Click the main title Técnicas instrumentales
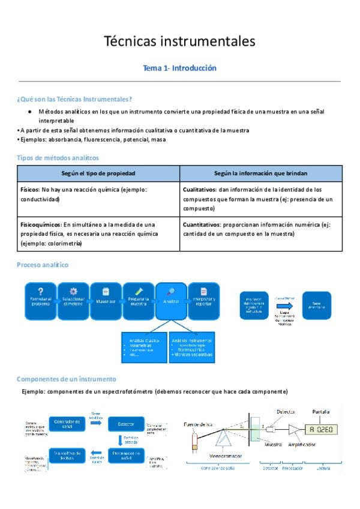(x=179, y=41)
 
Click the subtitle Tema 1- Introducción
(x=179, y=68)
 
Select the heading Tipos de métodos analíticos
(x=58, y=157)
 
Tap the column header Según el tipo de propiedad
(x=98, y=173)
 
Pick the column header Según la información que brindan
(x=260, y=173)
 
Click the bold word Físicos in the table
(x=29, y=189)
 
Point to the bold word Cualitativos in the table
(x=200, y=189)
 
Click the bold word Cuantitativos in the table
(x=202, y=224)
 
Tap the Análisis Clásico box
(x=143, y=346)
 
